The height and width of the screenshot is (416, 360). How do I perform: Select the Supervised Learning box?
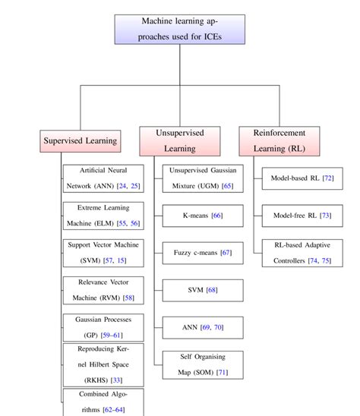pyautogui.click(x=81, y=140)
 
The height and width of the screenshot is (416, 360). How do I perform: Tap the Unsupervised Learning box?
pyautogui.click(x=180, y=140)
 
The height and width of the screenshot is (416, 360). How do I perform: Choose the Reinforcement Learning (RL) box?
pyautogui.click(x=279, y=140)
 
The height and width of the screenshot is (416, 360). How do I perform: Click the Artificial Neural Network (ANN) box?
pyautogui.click(x=103, y=178)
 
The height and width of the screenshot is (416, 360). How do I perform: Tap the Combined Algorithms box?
pyautogui.click(x=103, y=401)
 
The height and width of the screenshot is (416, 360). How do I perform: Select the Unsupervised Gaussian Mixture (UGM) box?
pyautogui.click(x=202, y=178)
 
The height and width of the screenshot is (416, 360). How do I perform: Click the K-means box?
pyautogui.click(x=202, y=216)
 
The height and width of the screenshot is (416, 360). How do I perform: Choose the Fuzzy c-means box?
pyautogui.click(x=202, y=253)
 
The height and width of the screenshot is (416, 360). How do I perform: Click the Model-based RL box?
pyautogui.click(x=302, y=178)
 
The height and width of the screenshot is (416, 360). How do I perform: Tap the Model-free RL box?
pyautogui.click(x=302, y=216)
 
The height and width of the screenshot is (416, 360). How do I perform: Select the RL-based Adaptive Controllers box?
pyautogui.click(x=302, y=253)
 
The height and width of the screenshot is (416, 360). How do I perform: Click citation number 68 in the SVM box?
pyautogui.click(x=212, y=290)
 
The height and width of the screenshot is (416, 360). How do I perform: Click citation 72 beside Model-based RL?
pyautogui.click(x=327, y=178)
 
